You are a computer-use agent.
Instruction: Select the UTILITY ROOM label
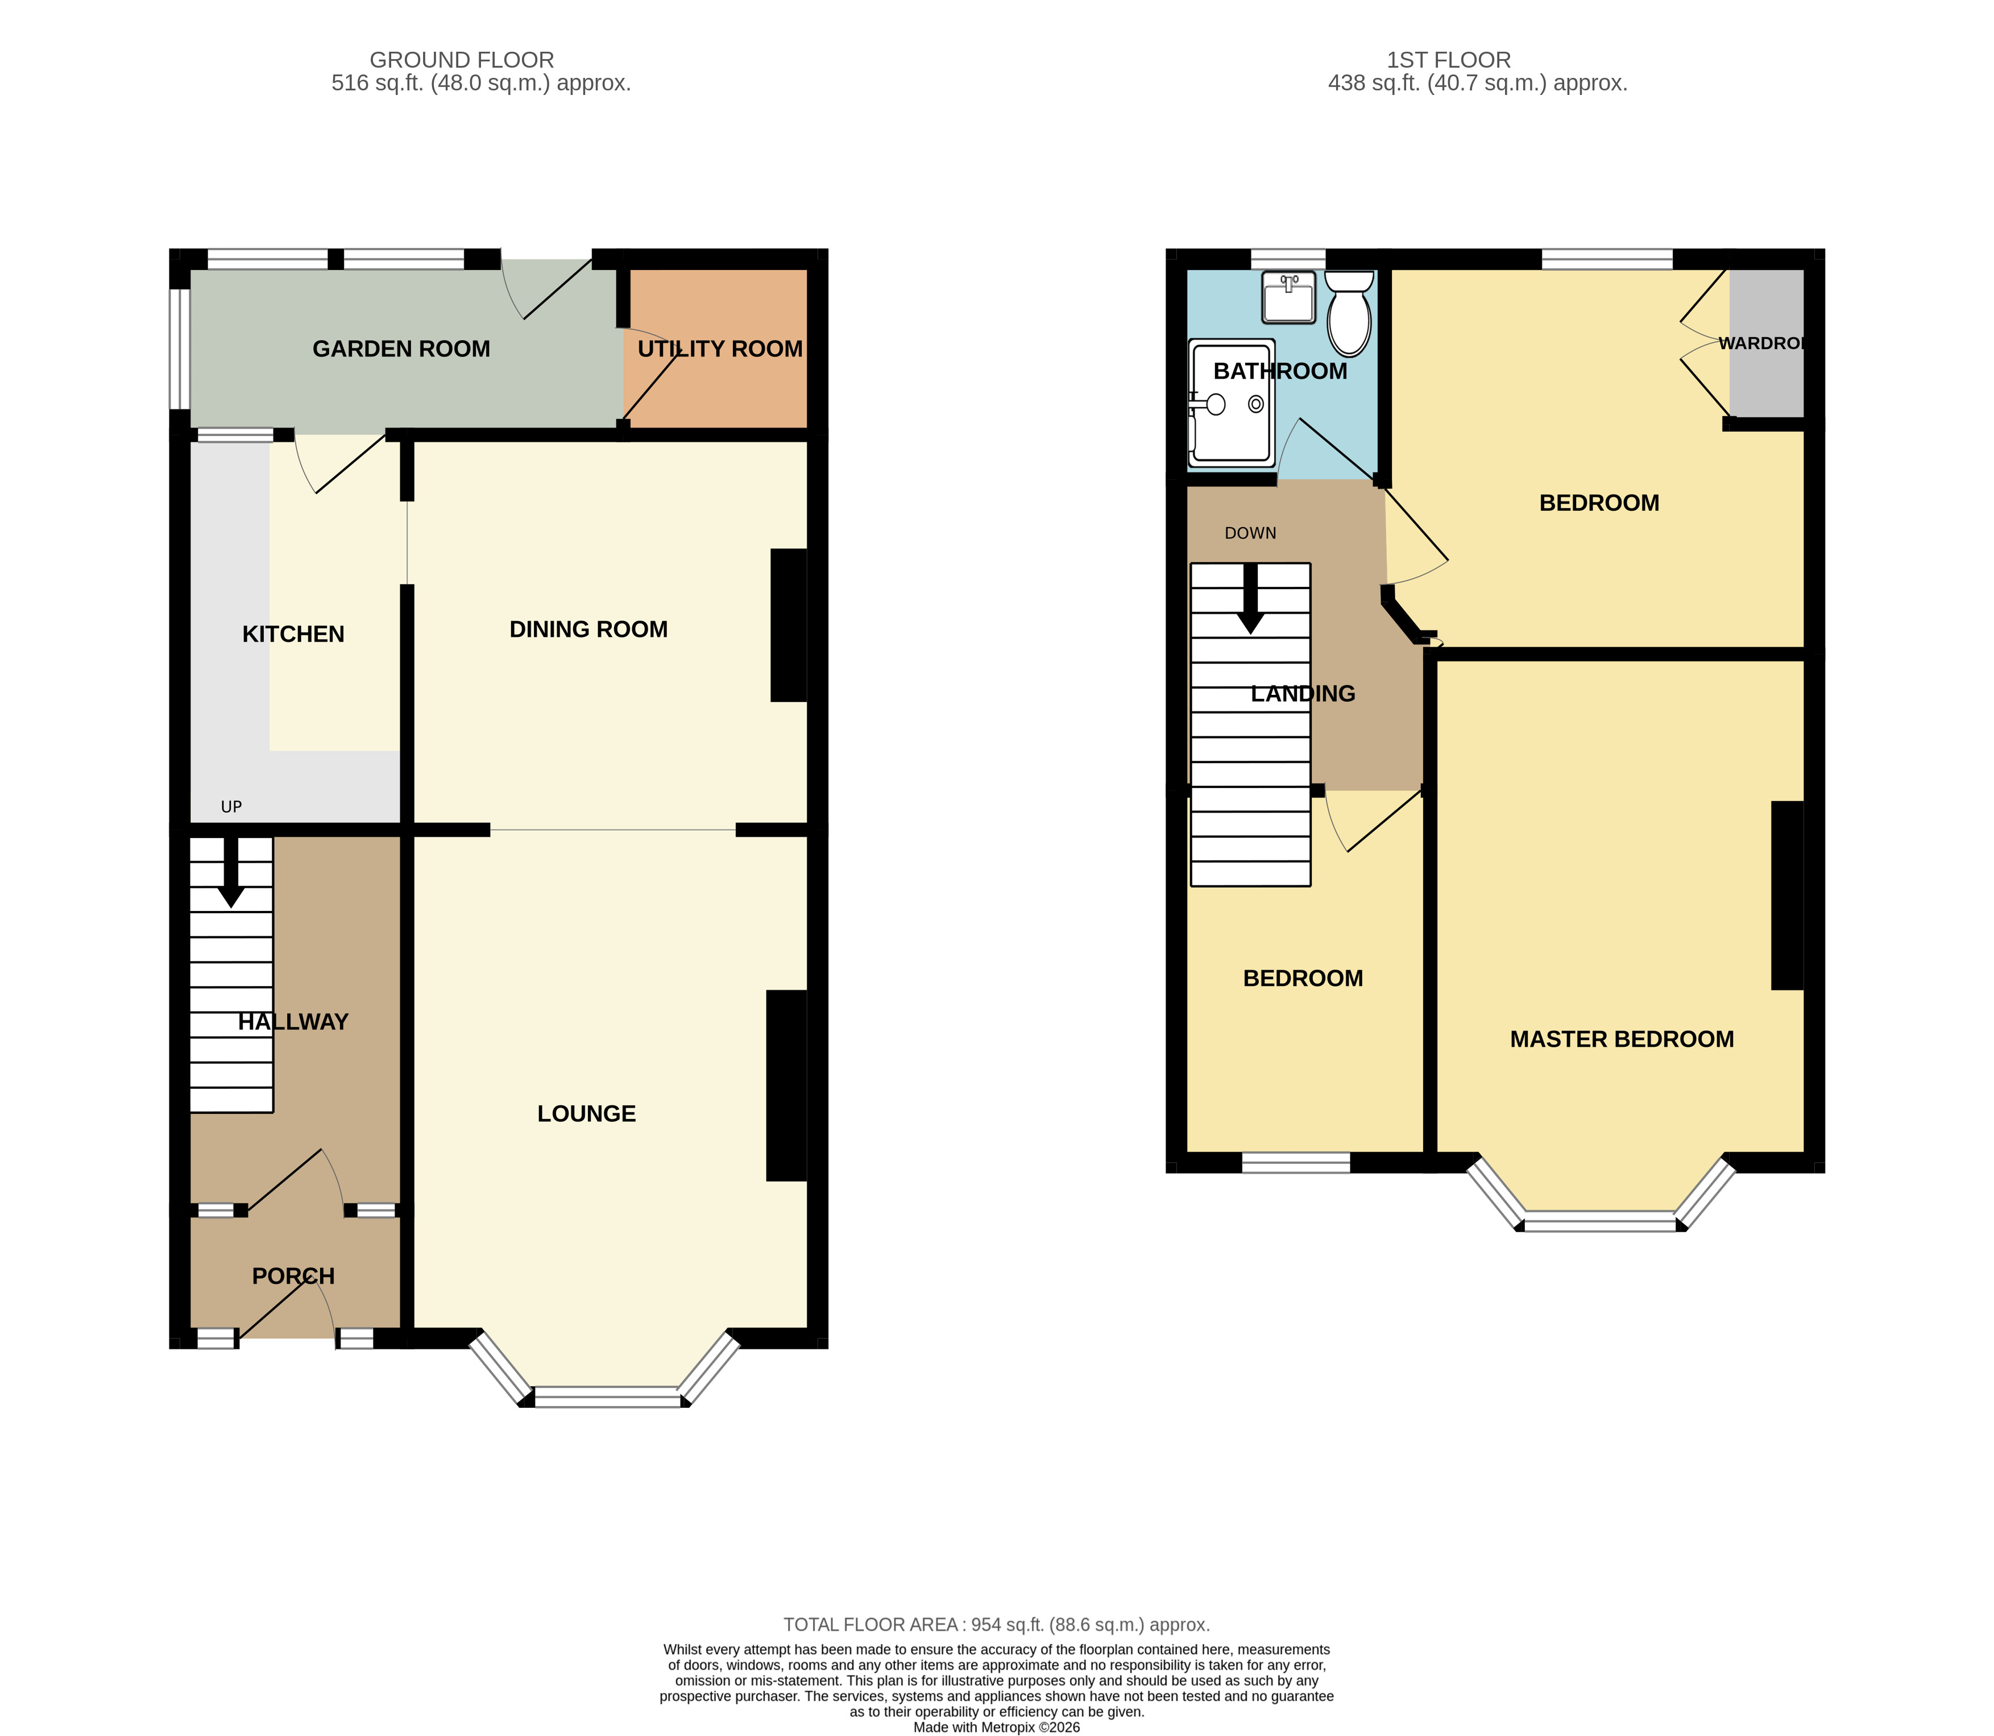(x=720, y=349)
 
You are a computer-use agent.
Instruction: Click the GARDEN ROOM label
(x=401, y=349)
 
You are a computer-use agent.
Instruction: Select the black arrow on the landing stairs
(x=1250, y=600)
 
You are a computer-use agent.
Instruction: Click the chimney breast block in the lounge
(x=786, y=1085)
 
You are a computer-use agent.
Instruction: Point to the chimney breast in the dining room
(x=788, y=625)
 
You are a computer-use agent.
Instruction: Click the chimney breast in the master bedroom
(x=1787, y=895)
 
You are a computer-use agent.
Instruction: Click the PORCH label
(x=293, y=1276)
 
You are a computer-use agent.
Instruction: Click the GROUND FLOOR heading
(x=462, y=60)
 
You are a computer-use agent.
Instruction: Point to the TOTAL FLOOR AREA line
(x=997, y=1625)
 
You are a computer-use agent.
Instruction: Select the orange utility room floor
(x=716, y=397)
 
